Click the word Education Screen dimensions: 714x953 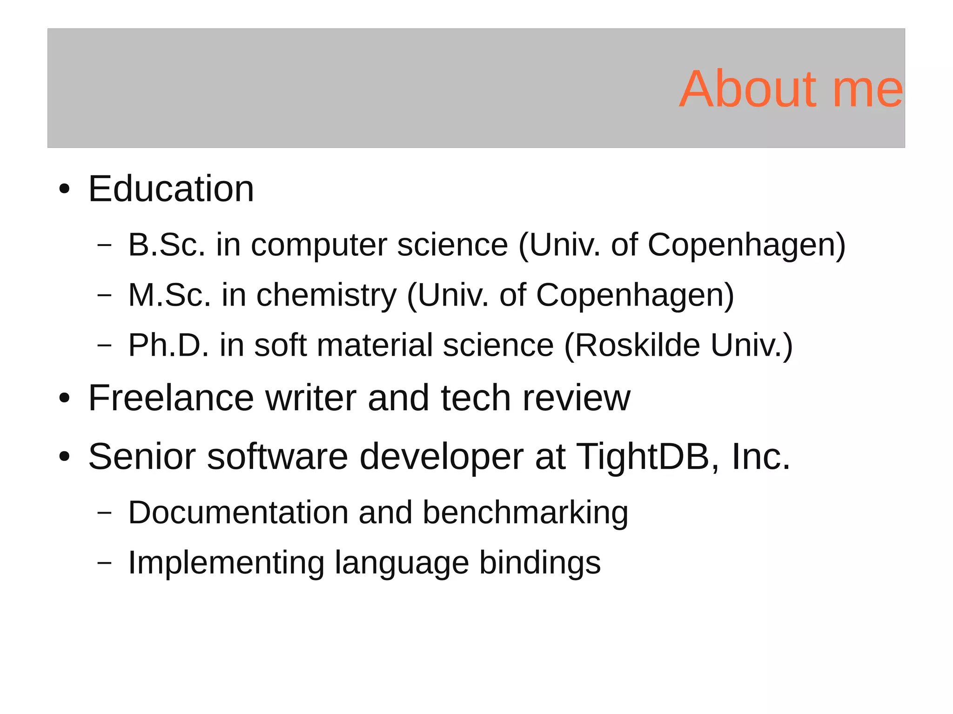click(x=171, y=189)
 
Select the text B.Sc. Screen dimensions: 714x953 click(x=166, y=245)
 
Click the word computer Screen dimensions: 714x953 click(x=319, y=245)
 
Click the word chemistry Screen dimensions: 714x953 click(x=326, y=296)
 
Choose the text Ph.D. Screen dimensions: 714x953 click(x=168, y=345)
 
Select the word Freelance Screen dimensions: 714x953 click(x=171, y=398)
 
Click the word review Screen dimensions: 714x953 click(x=576, y=398)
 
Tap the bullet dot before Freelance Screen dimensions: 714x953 click(x=64, y=399)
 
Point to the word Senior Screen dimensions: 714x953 click(x=142, y=457)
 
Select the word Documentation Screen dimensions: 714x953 click(x=238, y=513)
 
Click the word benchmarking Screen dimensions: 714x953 click(x=525, y=513)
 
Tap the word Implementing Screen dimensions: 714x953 click(x=226, y=563)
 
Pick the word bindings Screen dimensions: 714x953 click(x=540, y=563)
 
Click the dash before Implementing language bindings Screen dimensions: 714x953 click(x=105, y=563)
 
